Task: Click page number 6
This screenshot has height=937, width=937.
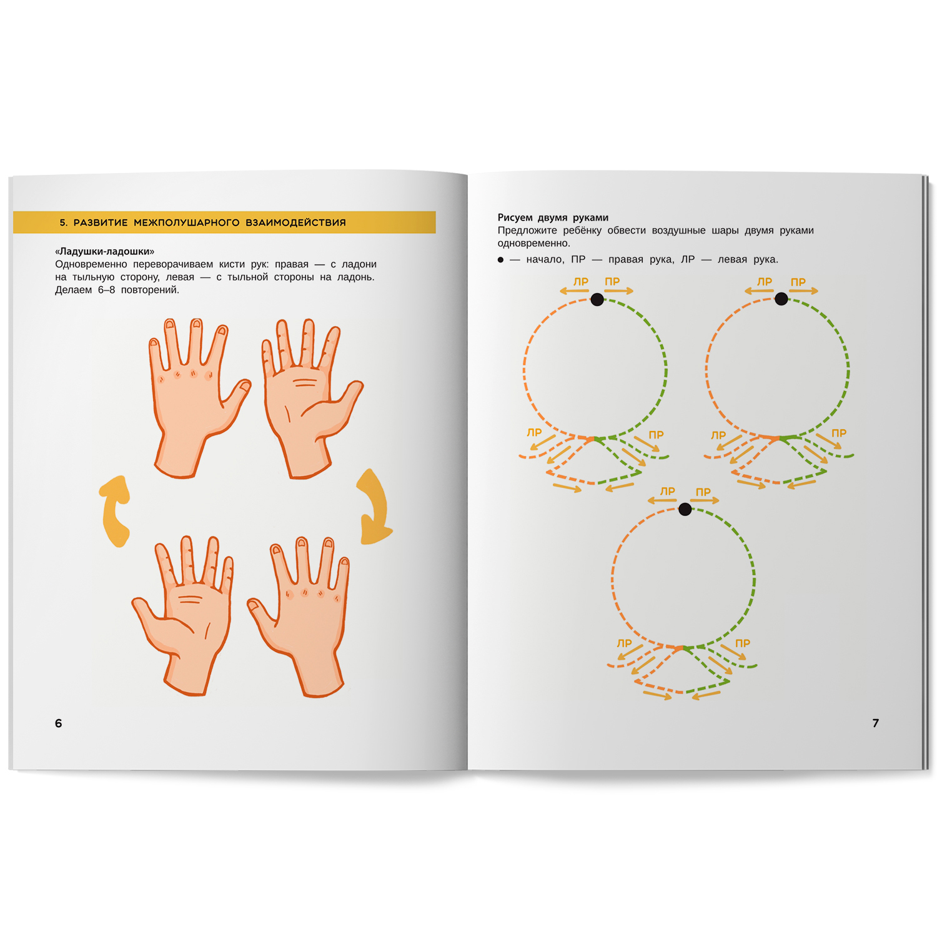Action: click(59, 723)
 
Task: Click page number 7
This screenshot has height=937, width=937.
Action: click(876, 723)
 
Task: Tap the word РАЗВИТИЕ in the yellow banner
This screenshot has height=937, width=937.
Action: click(101, 222)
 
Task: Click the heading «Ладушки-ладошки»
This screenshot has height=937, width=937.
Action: click(105, 251)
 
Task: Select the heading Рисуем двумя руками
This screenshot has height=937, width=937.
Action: click(553, 217)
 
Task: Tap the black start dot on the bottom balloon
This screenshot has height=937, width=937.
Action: click(685, 509)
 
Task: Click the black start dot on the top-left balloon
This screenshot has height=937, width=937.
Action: click(597, 299)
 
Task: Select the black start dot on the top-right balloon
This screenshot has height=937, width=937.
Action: click(781, 299)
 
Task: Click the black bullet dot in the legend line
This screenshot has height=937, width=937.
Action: click(500, 260)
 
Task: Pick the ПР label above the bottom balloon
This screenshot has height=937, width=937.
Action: click(703, 492)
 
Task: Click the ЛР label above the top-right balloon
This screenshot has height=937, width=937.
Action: click(765, 282)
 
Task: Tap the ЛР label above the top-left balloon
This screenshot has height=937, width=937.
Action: click(581, 282)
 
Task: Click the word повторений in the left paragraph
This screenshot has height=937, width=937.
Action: click(150, 290)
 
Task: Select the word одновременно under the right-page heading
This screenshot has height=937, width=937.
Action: click(534, 244)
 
